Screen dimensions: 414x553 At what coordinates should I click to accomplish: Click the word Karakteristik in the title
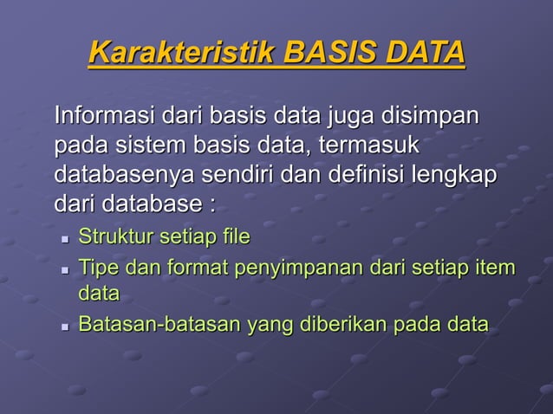click(182, 53)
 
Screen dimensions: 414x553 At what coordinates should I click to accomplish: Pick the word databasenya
click(124, 176)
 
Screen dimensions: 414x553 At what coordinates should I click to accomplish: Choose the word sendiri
click(238, 176)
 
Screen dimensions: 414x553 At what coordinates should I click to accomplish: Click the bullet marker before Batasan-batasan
click(65, 327)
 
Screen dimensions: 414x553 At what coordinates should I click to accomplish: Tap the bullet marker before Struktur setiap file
click(65, 238)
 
